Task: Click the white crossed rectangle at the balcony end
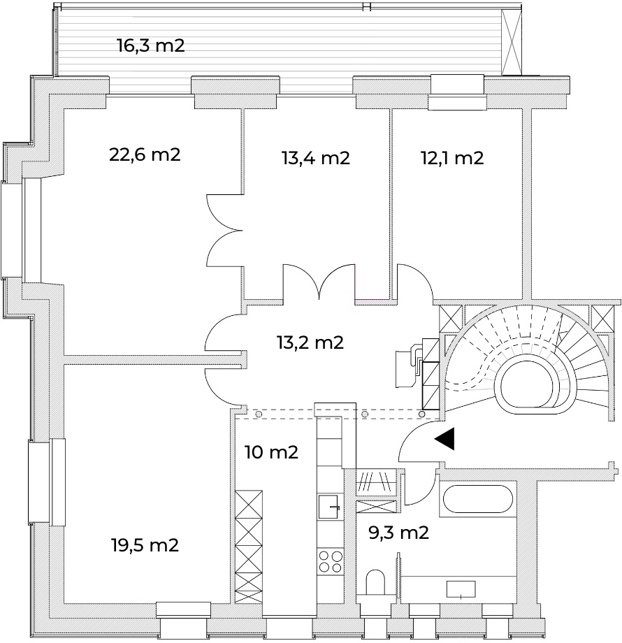click(512, 42)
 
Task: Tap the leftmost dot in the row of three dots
click(259, 414)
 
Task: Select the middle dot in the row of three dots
click(365, 414)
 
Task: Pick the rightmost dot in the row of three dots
click(421, 414)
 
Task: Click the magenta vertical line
click(356, 283)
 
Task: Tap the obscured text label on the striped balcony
click(151, 48)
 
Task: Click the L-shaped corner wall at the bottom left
click(70, 601)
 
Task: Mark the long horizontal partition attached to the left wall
click(154, 360)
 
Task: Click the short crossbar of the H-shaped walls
click(377, 498)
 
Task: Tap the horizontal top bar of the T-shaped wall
click(526, 475)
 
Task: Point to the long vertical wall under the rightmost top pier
click(526, 203)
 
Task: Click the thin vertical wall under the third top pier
click(391, 203)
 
